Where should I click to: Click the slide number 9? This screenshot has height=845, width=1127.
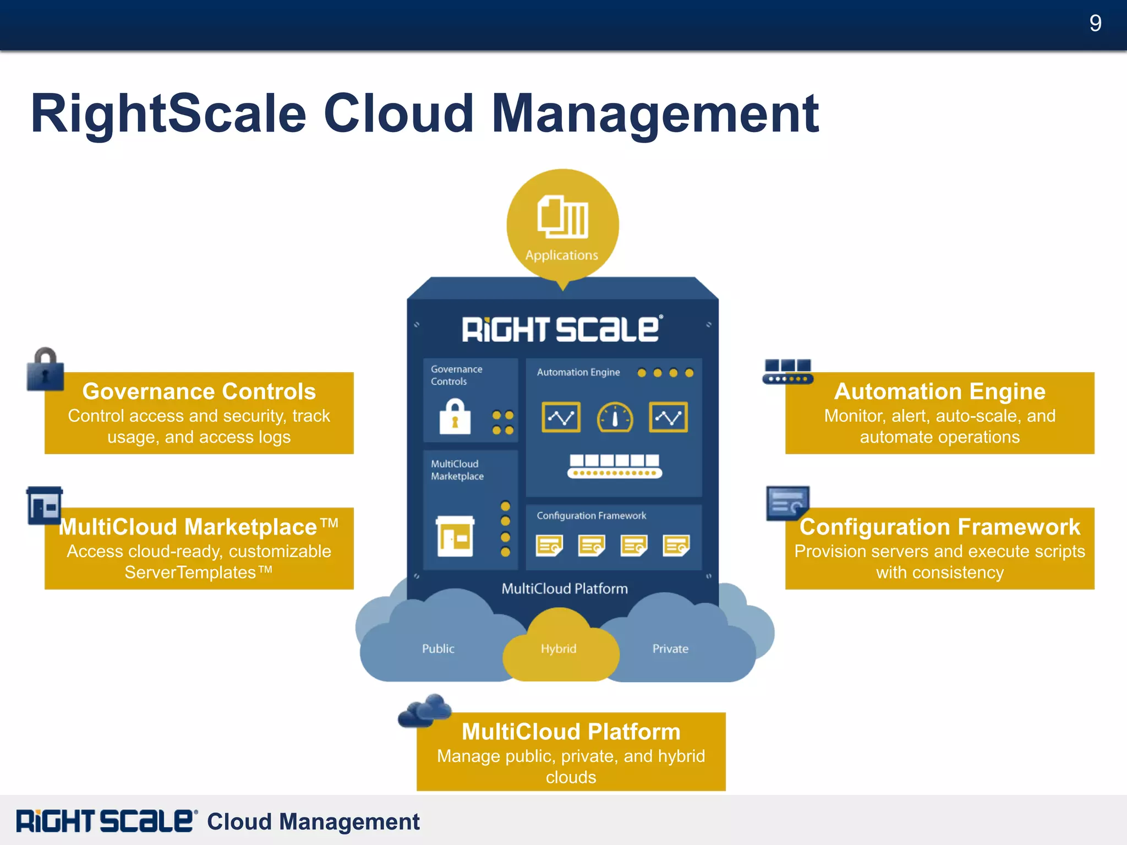click(x=1095, y=23)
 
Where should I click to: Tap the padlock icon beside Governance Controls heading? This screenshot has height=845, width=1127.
click(x=45, y=369)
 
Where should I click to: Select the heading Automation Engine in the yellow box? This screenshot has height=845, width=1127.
click(x=939, y=391)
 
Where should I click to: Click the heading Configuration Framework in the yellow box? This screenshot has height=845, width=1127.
click(x=939, y=527)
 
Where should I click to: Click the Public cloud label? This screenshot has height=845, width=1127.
click(x=438, y=648)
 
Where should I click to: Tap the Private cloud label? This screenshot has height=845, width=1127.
click(x=670, y=648)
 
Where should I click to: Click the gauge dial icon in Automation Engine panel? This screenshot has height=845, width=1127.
click(x=615, y=418)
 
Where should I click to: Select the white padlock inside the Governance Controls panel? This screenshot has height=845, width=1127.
click(x=455, y=417)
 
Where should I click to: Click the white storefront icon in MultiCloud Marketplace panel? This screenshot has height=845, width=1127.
click(x=455, y=536)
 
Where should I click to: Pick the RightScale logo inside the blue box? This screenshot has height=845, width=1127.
click(x=562, y=329)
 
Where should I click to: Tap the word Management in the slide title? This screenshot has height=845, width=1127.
click(x=655, y=113)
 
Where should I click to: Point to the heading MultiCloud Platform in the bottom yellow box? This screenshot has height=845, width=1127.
click(x=571, y=732)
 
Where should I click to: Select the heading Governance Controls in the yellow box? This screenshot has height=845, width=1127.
click(x=199, y=391)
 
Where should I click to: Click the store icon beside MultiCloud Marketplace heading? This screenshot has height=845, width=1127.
click(x=45, y=505)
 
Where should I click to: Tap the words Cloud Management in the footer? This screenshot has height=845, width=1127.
click(x=313, y=821)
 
